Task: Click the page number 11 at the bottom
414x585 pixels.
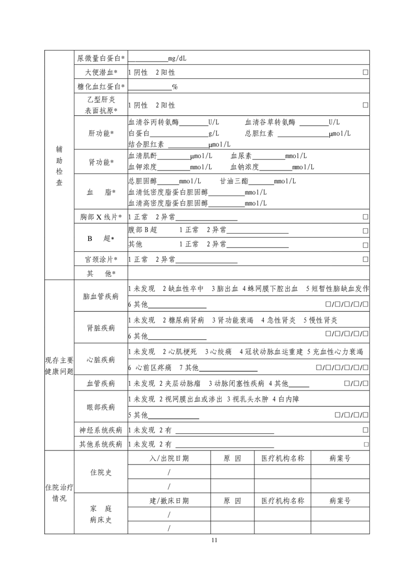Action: point(214,540)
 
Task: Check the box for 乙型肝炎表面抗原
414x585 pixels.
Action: point(366,105)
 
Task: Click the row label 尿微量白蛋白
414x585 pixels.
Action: point(101,58)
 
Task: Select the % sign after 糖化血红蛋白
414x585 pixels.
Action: point(175,87)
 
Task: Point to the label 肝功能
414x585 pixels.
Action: point(101,133)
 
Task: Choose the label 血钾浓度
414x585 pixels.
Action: point(142,167)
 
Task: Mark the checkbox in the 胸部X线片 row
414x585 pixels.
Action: point(366,217)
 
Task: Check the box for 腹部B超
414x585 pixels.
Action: point(366,230)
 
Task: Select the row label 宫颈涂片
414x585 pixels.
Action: point(101,259)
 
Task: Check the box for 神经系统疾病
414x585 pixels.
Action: point(366,430)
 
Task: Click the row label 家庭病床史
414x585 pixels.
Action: point(101,514)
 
